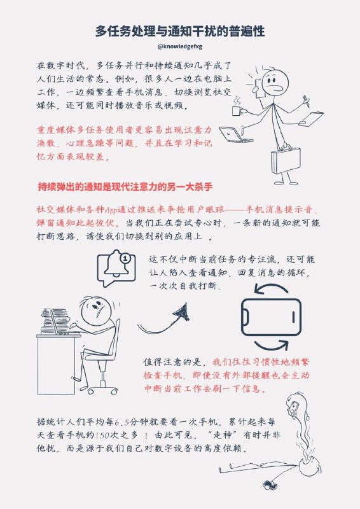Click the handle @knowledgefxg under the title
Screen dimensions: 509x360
click(180, 46)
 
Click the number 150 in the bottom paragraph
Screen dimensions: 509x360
click(103, 437)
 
